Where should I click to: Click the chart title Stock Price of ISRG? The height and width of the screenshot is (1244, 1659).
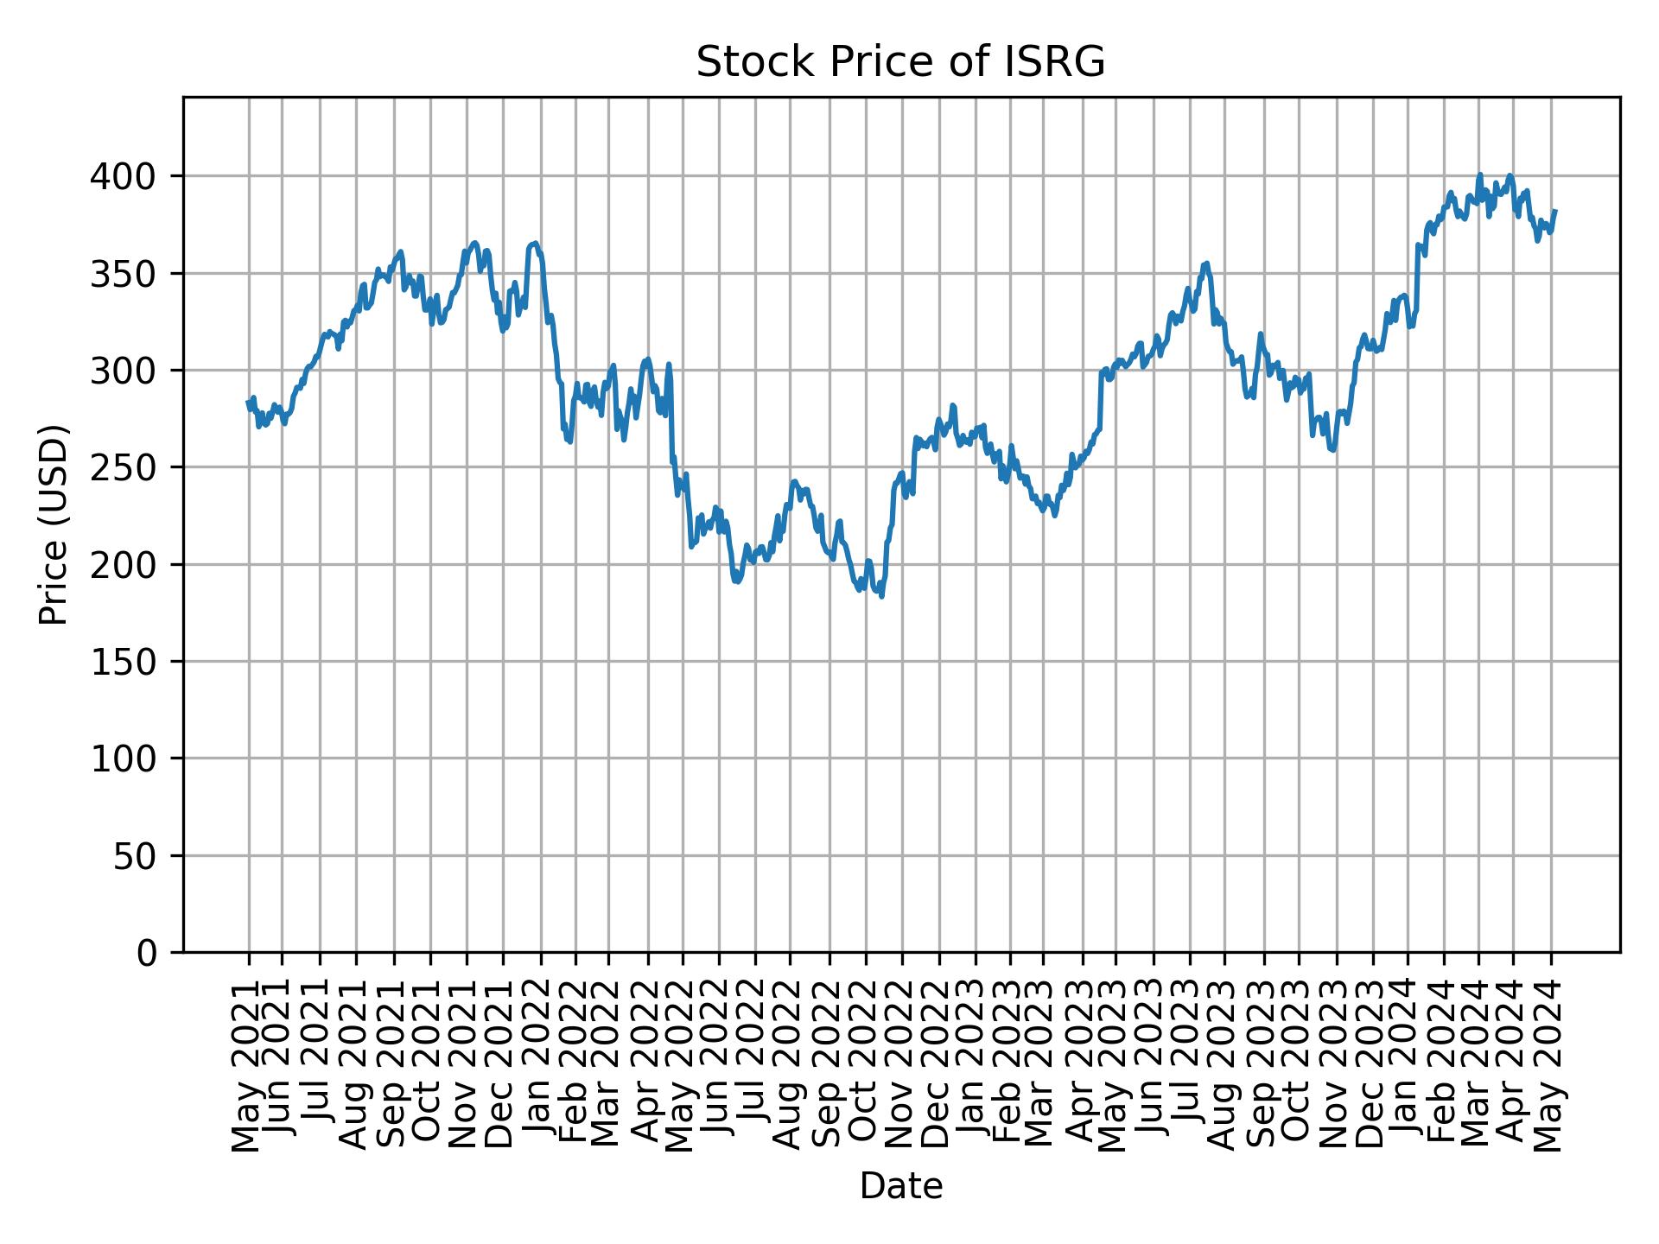(x=900, y=63)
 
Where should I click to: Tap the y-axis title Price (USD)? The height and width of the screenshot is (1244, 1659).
(x=54, y=524)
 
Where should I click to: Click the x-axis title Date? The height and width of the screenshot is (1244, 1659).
(x=900, y=1187)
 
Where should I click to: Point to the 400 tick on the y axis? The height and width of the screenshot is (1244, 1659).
(x=132, y=177)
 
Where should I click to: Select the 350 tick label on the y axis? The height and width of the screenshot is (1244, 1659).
(x=132, y=274)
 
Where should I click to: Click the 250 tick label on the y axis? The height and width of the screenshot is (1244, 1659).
(x=132, y=468)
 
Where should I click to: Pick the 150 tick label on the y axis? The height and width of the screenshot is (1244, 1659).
(x=132, y=662)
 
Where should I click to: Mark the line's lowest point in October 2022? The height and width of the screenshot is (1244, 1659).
(x=881, y=596)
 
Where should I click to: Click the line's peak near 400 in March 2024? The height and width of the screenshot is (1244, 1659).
(x=1480, y=175)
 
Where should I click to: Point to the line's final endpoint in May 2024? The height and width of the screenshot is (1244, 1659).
(x=1555, y=211)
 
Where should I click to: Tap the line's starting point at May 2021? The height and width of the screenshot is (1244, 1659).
(x=248, y=402)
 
